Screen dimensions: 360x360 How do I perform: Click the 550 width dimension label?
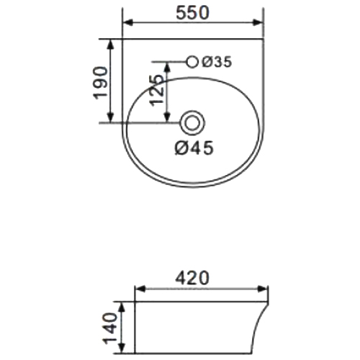[192, 12]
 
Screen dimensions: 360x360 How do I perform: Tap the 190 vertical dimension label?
[100, 83]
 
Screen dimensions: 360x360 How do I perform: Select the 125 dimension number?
[156, 90]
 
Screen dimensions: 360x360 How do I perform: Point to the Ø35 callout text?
[217, 62]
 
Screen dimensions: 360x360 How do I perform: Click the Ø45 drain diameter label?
[194, 148]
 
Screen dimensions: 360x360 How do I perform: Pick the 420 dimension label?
[192, 278]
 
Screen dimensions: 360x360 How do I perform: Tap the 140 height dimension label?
[109, 328]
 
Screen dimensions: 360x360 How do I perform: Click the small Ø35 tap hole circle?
[192, 62]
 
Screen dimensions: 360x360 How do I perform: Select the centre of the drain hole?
[193, 123]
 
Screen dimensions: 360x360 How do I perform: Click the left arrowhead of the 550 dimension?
[127, 23]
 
